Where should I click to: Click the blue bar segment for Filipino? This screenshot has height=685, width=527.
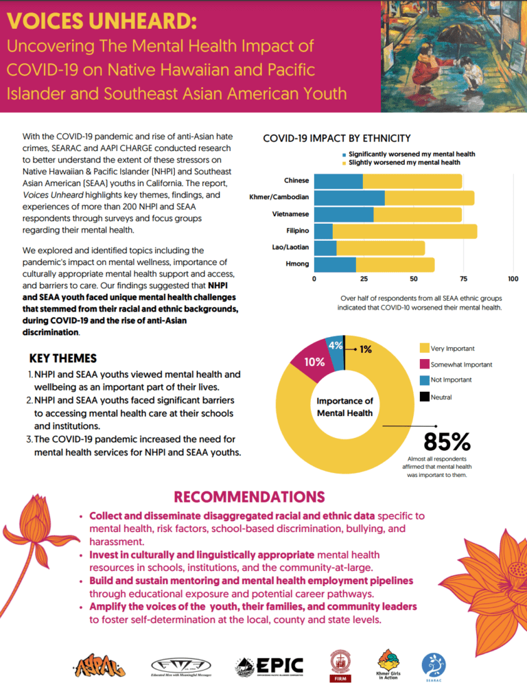tap(323, 231)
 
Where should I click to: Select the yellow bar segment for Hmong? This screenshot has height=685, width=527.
tap(395, 264)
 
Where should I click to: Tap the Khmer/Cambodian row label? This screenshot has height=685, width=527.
tap(279, 198)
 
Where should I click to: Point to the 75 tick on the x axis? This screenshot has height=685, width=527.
tap(464, 279)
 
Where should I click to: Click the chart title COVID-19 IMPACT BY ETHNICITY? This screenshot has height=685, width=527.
tap(337, 139)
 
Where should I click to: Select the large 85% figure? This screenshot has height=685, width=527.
tap(447, 440)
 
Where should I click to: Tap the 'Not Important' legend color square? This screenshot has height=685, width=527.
tap(424, 380)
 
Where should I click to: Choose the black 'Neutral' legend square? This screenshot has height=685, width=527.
tap(424, 396)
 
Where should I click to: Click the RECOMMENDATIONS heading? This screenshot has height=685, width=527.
tap(249, 496)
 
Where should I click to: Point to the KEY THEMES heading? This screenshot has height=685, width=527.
tap(63, 358)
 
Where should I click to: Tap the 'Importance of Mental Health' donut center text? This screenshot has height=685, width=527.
tap(344, 406)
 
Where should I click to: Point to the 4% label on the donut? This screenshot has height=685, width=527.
tap(336, 345)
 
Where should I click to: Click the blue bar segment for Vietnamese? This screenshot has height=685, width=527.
tap(344, 214)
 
